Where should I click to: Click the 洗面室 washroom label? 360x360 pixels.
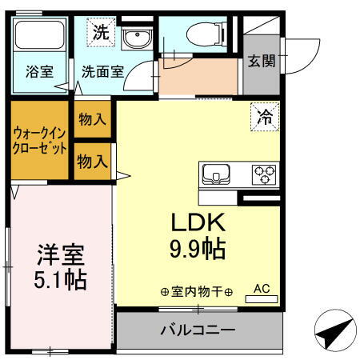(x=102, y=70)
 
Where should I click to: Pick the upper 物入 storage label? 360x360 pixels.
(x=93, y=119)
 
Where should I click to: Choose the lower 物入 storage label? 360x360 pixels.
(x=93, y=161)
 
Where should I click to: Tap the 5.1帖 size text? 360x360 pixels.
(x=61, y=281)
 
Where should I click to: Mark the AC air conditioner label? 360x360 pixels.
(x=262, y=289)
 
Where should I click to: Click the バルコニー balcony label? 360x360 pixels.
(x=197, y=329)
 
